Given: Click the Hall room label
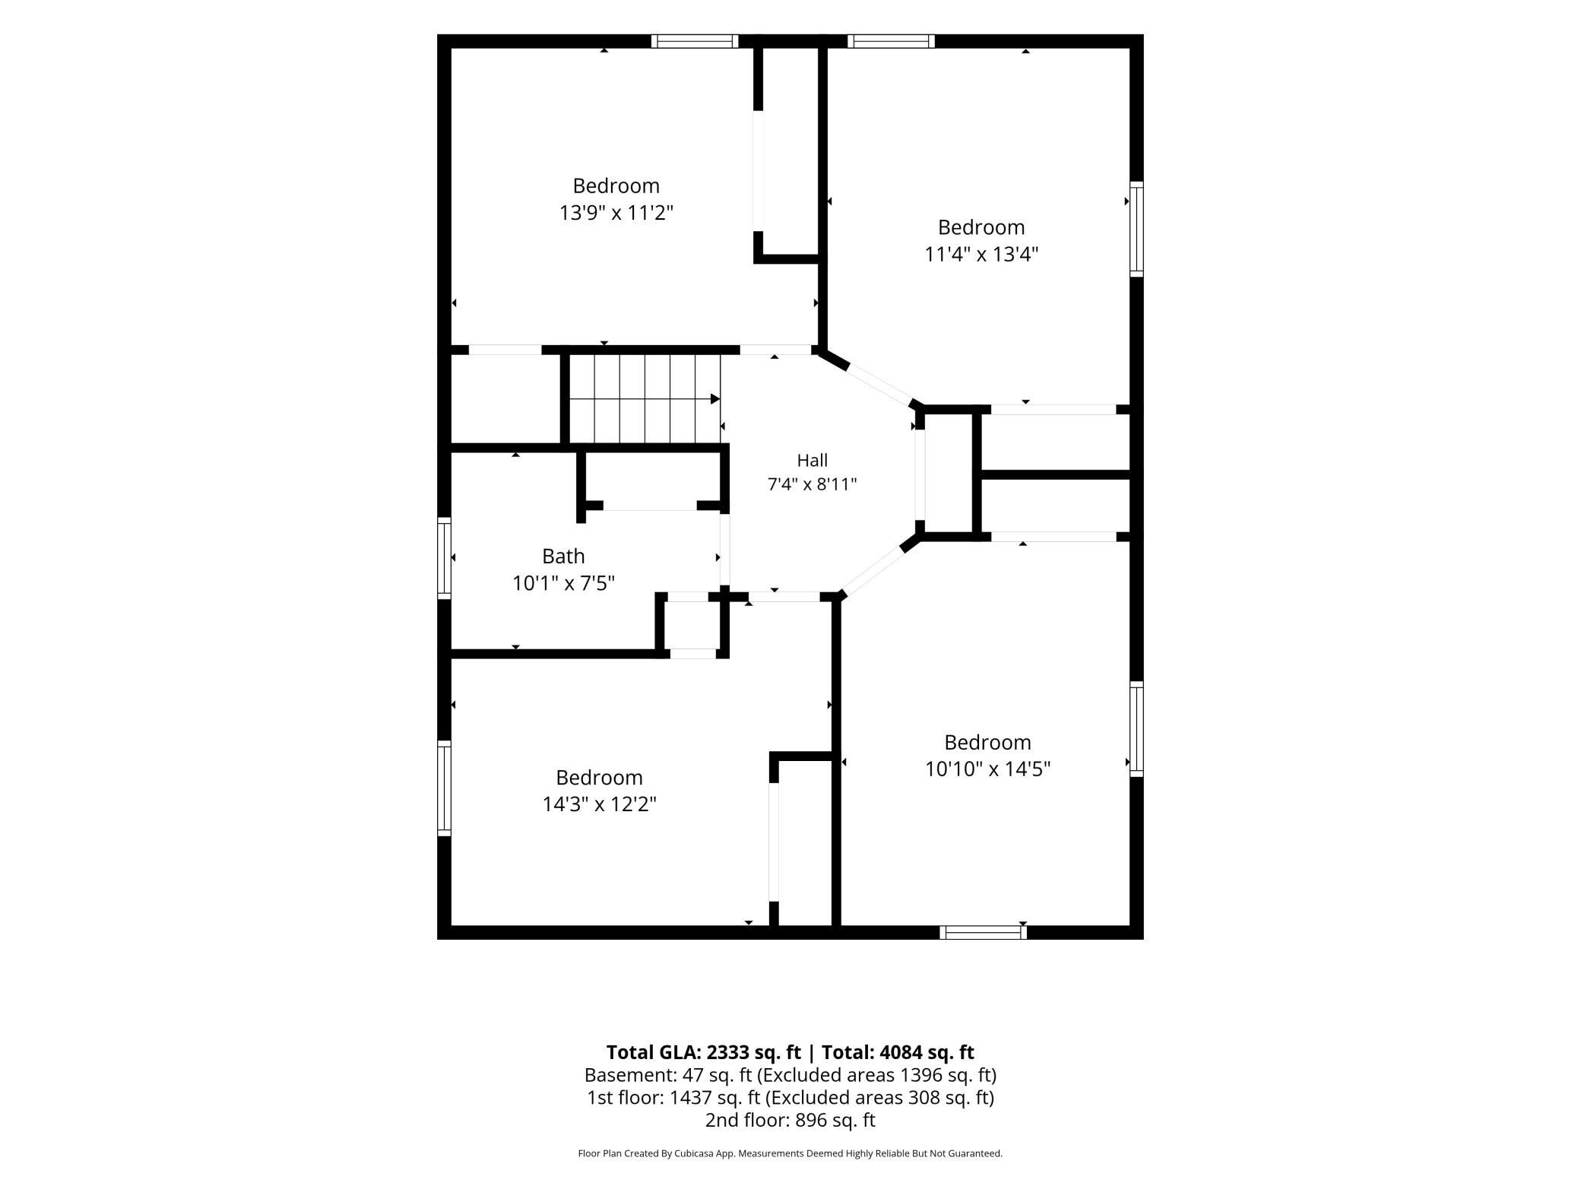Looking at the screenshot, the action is (x=812, y=460).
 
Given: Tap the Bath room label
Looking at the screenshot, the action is (x=563, y=557).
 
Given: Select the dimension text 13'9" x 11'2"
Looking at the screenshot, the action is (x=616, y=213).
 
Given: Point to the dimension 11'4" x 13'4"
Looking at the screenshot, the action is (x=981, y=254).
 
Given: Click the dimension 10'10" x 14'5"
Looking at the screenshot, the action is (x=987, y=769).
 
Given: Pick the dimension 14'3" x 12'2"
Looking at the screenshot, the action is (x=599, y=804).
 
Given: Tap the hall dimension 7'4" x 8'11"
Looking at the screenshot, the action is (x=812, y=484).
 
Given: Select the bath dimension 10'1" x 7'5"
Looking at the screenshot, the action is (x=563, y=583).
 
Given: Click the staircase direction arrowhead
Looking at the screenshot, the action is (x=715, y=399).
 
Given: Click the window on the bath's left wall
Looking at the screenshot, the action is (x=445, y=558).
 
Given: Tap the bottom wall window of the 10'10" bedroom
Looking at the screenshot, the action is (x=983, y=933).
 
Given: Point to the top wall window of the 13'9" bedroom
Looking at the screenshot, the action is (x=695, y=41).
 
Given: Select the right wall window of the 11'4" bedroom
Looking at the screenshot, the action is (x=1136, y=229).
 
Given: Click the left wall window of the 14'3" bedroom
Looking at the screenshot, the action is (x=445, y=788).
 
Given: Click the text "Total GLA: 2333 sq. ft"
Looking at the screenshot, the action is (x=703, y=1052).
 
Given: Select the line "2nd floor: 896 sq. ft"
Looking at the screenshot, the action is (x=790, y=1120).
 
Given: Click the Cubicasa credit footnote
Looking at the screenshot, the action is (x=790, y=1153).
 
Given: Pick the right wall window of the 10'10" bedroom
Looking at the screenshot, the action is (x=1136, y=729).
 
